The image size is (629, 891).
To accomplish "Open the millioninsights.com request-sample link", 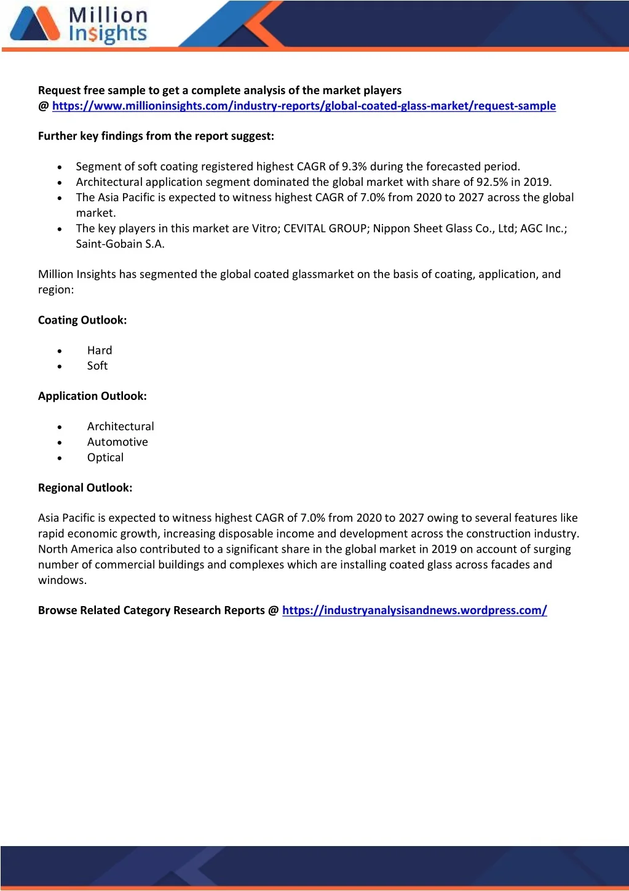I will click(x=304, y=106).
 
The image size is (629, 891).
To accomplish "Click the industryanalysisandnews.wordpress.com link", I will click(x=414, y=610).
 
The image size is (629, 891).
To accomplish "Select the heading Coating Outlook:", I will click(x=82, y=320).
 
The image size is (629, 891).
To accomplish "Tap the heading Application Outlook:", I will click(x=92, y=396).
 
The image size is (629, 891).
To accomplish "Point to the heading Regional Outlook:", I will click(x=85, y=488).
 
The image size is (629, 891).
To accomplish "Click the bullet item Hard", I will click(x=100, y=351).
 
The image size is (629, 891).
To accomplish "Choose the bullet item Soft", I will click(x=97, y=366).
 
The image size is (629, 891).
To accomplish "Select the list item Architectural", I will click(x=121, y=426).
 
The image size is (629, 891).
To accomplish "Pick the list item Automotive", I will click(x=117, y=442).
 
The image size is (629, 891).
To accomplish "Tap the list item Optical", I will click(x=105, y=457).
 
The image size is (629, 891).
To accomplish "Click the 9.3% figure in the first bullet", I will click(x=354, y=167).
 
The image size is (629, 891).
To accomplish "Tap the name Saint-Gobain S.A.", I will click(x=120, y=244).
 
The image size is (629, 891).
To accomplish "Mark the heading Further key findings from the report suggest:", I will click(x=156, y=136).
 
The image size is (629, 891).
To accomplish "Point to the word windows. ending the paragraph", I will click(x=62, y=580).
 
